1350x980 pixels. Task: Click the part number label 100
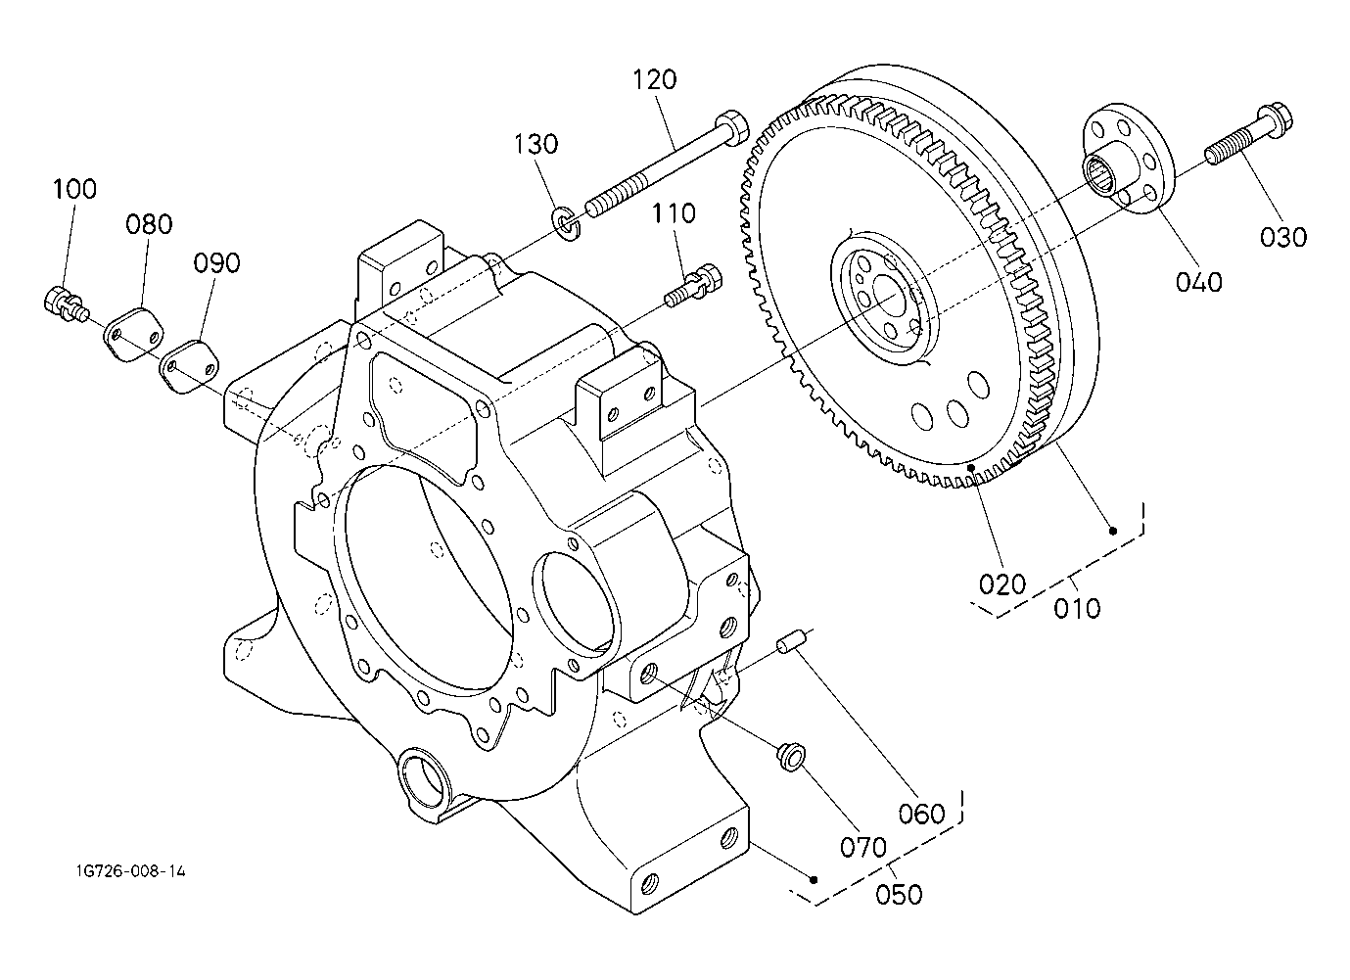coord(74,189)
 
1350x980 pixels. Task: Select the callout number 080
coord(149,224)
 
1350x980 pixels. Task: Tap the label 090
coord(216,262)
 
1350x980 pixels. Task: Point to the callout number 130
coord(535,144)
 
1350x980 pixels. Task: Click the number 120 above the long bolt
coord(655,79)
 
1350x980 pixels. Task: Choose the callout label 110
coord(674,213)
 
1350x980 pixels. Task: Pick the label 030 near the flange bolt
coord(1283,237)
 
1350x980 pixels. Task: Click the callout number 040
coord(1198,281)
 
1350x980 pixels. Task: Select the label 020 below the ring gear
coord(1001,584)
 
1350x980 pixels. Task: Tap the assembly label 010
coord(1077,609)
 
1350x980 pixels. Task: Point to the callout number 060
coord(921,814)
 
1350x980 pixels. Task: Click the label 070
coord(863,848)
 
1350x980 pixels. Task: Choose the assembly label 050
coord(899,895)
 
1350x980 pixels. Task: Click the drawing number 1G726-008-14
coord(131,871)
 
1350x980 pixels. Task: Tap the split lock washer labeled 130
coord(567,223)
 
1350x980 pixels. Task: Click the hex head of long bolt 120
coord(731,126)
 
